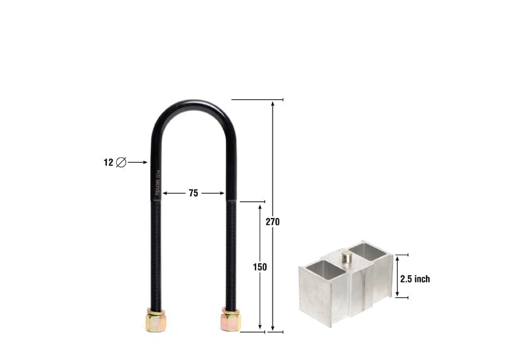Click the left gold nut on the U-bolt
(x=155, y=321)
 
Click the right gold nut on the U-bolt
(x=231, y=320)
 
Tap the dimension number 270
(x=273, y=222)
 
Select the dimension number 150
(x=260, y=267)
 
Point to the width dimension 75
(x=193, y=194)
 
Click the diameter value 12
(x=109, y=162)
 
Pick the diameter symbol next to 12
(x=121, y=162)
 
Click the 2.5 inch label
(x=415, y=279)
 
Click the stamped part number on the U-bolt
(x=158, y=182)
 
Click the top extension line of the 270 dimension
(x=258, y=99)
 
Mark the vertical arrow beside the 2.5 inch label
(x=397, y=276)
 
